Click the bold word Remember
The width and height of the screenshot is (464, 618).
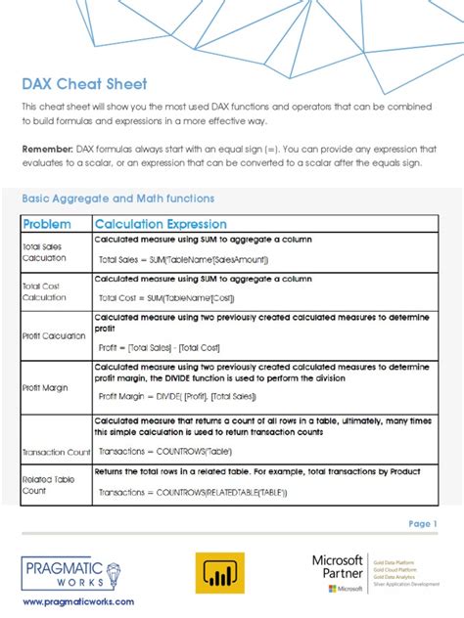click(46, 148)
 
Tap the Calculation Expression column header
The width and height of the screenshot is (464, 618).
click(161, 224)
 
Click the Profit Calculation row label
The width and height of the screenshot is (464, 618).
click(54, 335)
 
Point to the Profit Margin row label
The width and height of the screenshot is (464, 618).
click(45, 387)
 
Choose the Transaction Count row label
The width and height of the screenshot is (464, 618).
click(56, 452)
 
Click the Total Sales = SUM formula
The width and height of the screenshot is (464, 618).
click(183, 259)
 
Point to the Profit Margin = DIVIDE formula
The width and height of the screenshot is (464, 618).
click(178, 396)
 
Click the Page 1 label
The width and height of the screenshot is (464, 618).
click(422, 524)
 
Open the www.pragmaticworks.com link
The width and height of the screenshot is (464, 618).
click(78, 601)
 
